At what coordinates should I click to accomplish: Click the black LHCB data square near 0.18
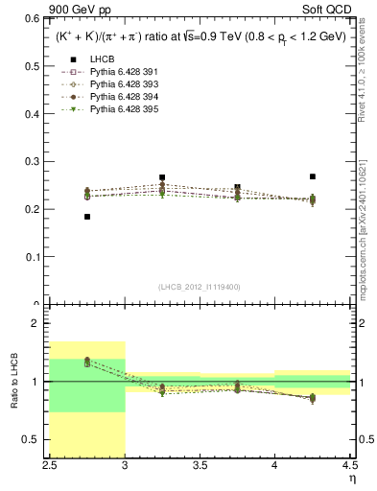[x=87, y=217]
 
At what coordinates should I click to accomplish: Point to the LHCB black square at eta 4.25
[x=313, y=176]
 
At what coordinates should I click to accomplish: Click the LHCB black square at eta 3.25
[x=162, y=177]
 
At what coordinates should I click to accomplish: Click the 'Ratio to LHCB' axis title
[x=14, y=384]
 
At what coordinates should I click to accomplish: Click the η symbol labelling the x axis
[x=352, y=479]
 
